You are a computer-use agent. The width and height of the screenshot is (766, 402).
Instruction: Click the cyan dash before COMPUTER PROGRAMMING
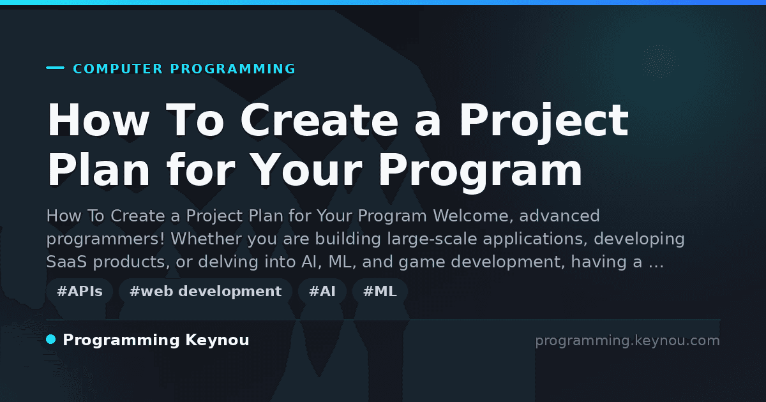(x=55, y=68)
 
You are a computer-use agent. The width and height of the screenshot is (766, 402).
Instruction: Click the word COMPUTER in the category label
(x=118, y=69)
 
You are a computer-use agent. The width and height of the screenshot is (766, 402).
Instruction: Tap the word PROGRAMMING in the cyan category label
(x=233, y=69)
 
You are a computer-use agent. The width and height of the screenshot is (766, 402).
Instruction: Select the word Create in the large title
(x=319, y=120)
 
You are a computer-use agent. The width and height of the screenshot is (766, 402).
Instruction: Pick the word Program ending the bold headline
(x=480, y=173)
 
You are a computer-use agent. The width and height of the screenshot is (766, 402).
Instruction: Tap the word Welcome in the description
(x=473, y=216)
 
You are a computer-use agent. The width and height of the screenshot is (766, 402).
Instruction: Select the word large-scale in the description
(x=432, y=239)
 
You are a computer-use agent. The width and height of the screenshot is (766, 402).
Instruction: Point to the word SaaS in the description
(x=66, y=262)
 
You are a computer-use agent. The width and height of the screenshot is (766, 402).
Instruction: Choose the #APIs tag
(x=80, y=291)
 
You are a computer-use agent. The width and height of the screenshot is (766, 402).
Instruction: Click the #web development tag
(x=206, y=291)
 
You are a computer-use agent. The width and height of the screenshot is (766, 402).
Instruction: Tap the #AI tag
(x=322, y=291)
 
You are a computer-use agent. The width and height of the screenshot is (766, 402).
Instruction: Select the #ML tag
(x=380, y=291)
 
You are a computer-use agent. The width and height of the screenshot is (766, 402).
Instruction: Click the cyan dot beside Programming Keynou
(x=51, y=339)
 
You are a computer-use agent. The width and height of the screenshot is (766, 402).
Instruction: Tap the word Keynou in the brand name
(x=217, y=341)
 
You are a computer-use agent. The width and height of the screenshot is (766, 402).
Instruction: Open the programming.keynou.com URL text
(x=627, y=341)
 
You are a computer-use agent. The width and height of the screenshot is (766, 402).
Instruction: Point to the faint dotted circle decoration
(x=659, y=62)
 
